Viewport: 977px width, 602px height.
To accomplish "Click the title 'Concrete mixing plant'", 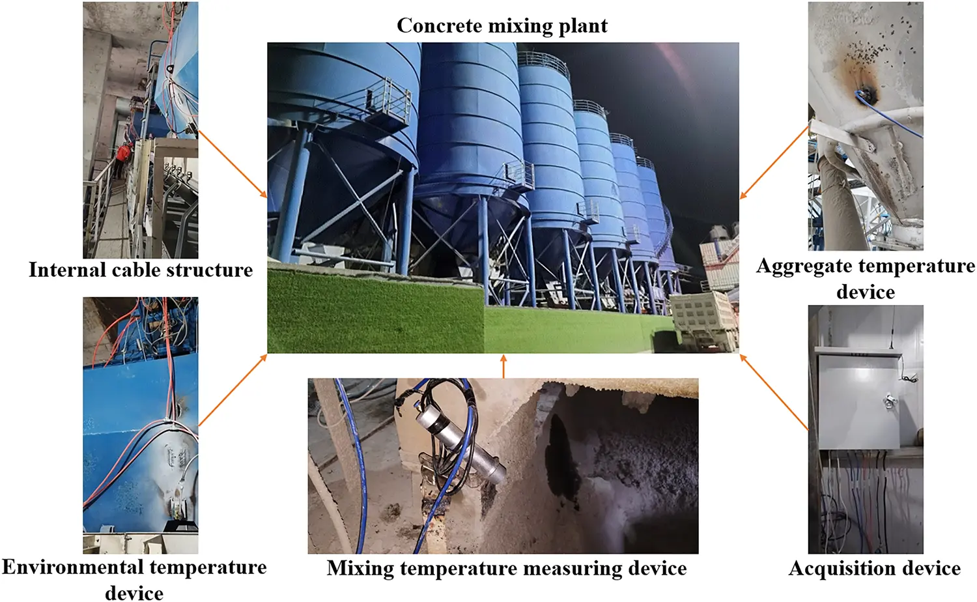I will pos(502,26).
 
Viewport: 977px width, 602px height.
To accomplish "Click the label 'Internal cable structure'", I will pos(141,270).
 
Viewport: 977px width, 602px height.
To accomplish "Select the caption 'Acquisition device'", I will pos(874,568).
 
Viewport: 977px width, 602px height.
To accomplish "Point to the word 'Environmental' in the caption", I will pos(72,567).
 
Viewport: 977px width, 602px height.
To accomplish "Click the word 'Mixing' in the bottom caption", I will pos(360,568).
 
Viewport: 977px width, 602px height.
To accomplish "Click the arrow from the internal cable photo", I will pos(233,163).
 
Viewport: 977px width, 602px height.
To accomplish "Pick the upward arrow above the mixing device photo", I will pos(503,365).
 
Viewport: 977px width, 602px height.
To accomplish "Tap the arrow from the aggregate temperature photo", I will pos(774,163).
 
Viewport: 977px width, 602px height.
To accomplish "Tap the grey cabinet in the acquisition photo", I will pos(858,399).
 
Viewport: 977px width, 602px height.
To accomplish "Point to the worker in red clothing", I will pos(123,154).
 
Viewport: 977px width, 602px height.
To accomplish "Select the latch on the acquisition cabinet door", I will pos(888,401).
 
